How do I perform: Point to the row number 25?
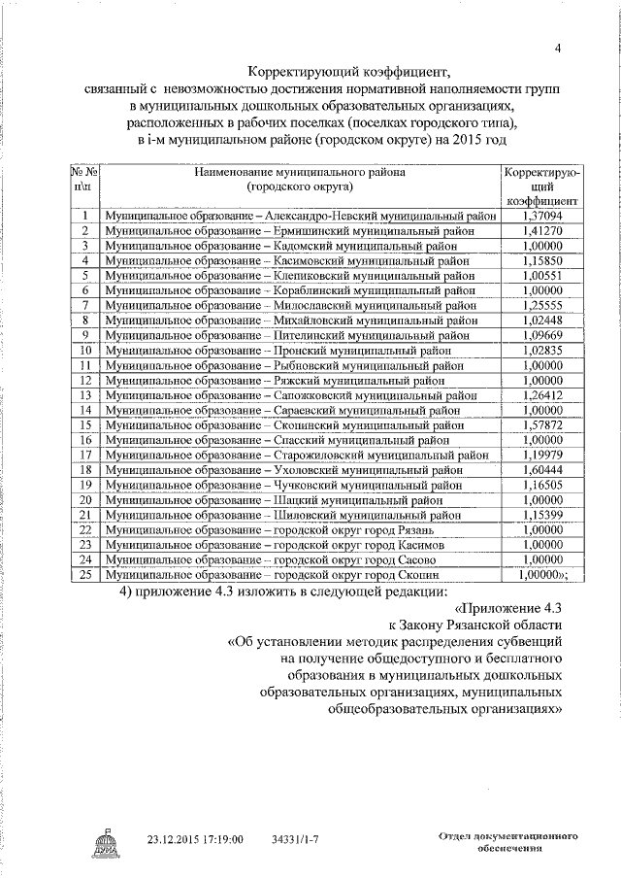click(x=85, y=575)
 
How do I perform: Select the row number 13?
click(x=85, y=395)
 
